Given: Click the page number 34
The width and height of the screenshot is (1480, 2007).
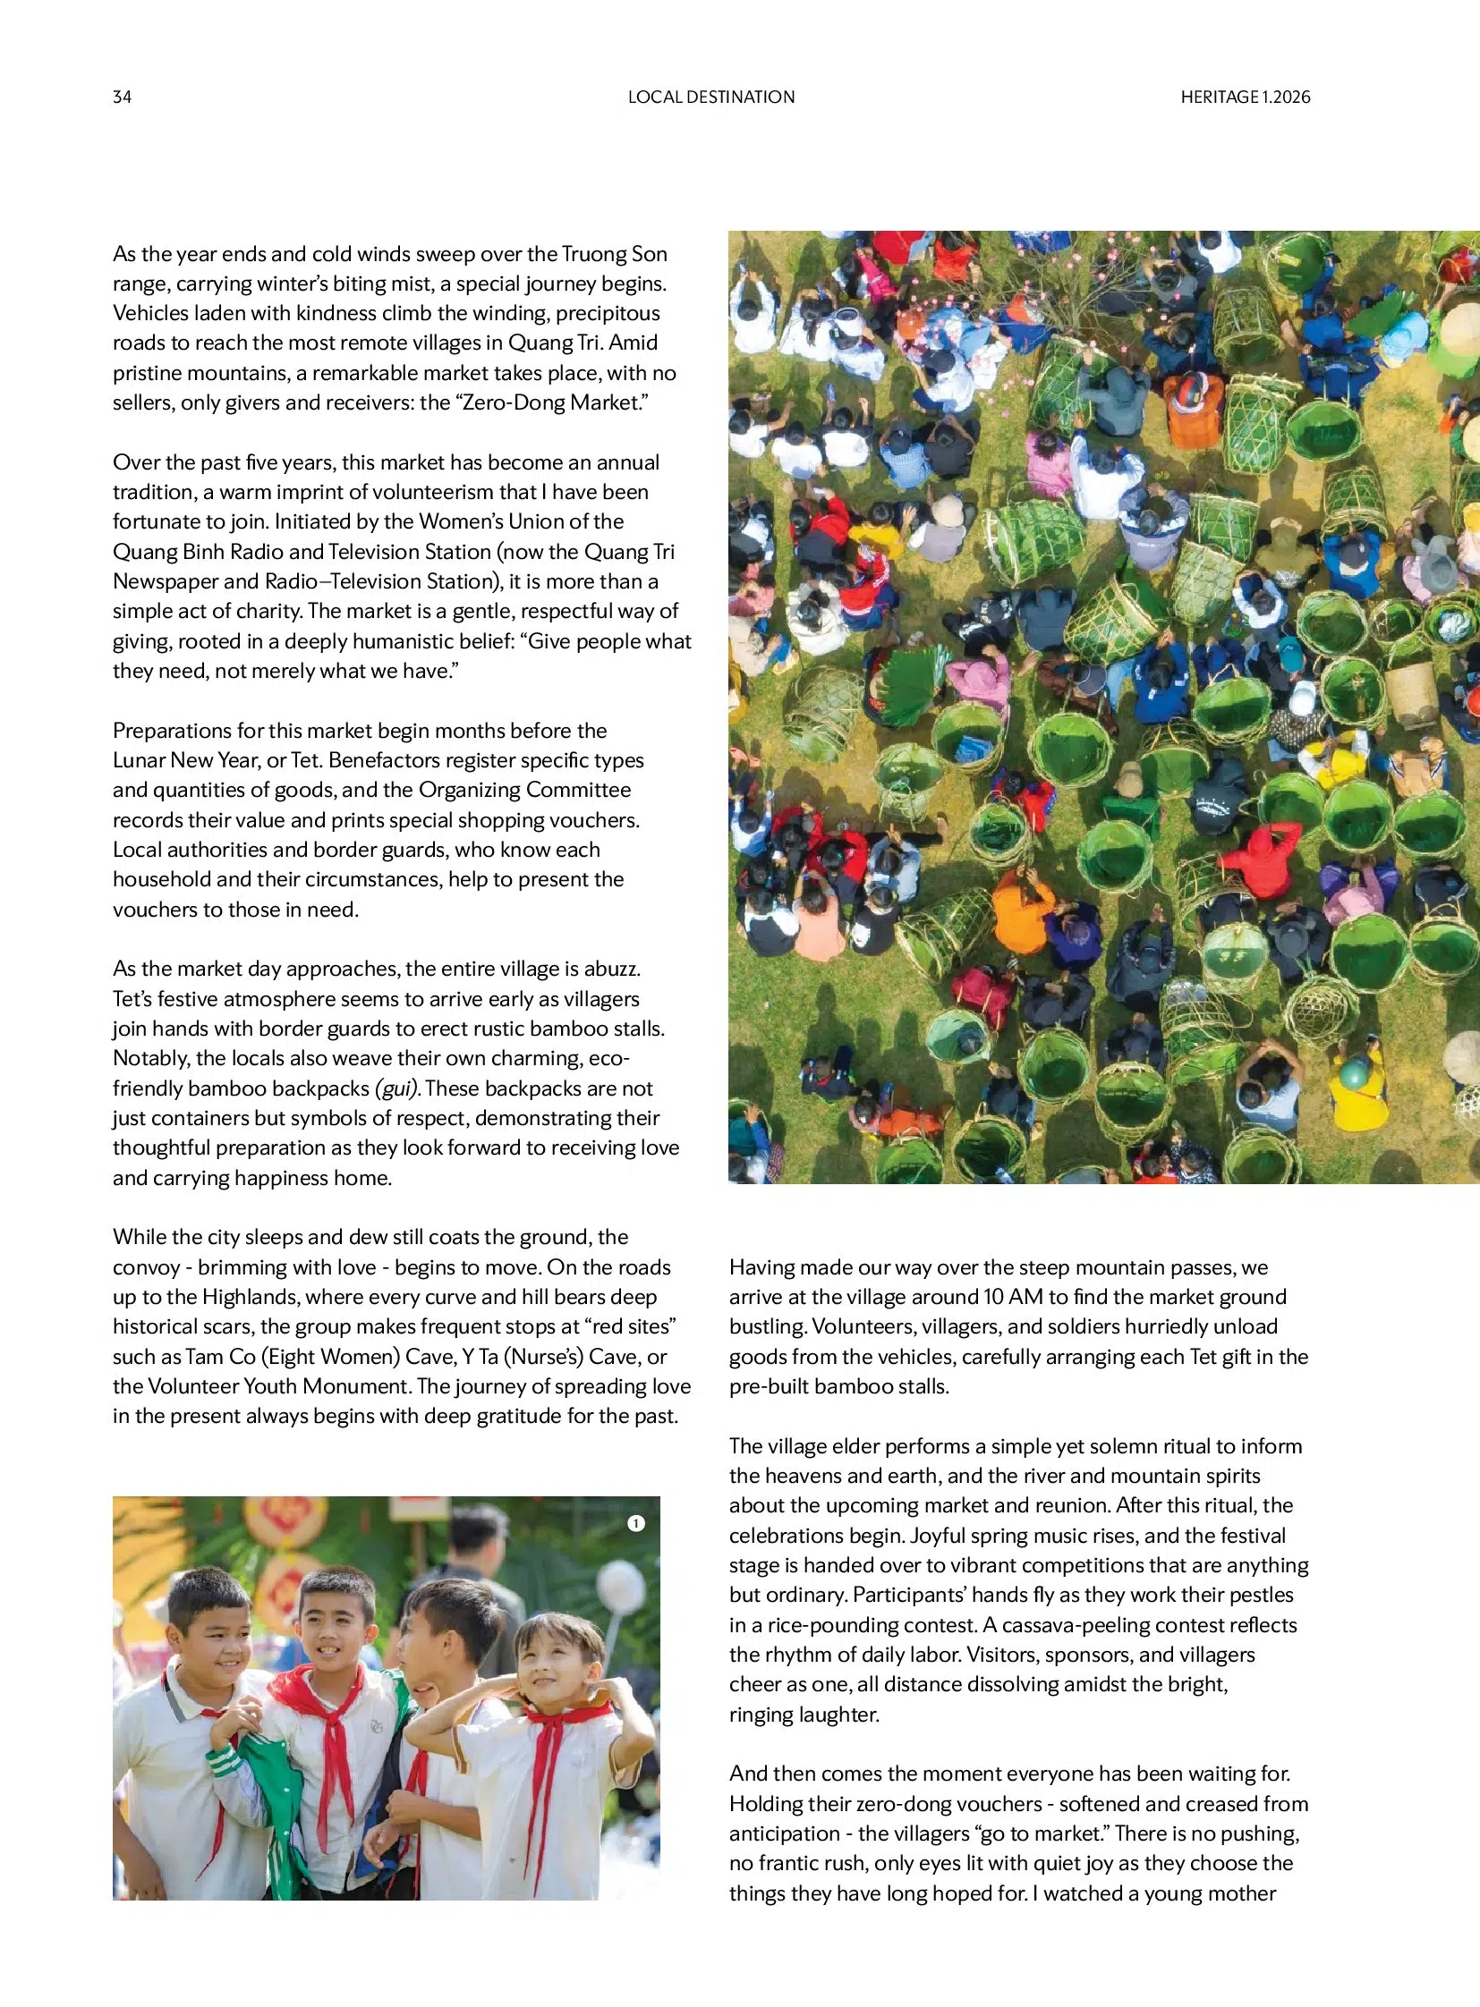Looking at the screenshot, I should click(x=122, y=97).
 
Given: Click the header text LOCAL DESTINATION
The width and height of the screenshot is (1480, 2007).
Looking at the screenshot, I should click(x=710, y=97).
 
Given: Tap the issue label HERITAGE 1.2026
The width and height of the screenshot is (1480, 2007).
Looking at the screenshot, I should click(x=1245, y=97).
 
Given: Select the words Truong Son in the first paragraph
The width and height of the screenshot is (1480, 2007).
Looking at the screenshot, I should click(x=614, y=253).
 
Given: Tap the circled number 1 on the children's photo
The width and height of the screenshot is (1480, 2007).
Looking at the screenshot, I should click(x=636, y=1522).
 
